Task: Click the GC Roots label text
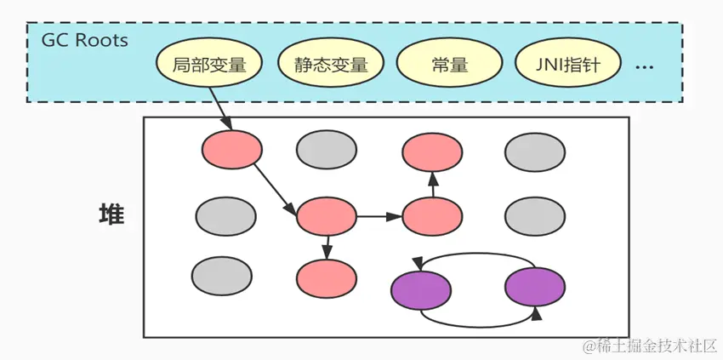click(85, 40)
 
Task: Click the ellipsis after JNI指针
click(644, 66)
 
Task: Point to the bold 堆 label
click(111, 215)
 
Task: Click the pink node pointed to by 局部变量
click(231, 150)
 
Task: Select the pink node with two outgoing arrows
click(326, 215)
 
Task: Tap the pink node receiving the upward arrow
click(432, 151)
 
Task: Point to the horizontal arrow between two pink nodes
click(379, 216)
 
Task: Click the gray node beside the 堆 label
click(225, 216)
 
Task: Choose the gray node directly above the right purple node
click(534, 216)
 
